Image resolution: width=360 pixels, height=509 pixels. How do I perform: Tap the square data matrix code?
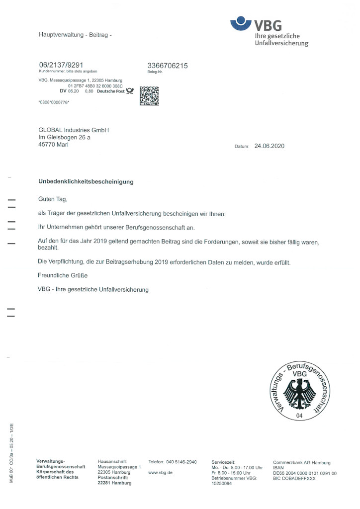click(149, 95)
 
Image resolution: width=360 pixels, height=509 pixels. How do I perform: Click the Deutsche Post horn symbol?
click(130, 91)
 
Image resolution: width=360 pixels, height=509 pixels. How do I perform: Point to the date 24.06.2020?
click(270, 147)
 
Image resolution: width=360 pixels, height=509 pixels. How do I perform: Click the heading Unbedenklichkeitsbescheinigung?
click(86, 182)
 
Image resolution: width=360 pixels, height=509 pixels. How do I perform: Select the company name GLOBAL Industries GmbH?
click(73, 130)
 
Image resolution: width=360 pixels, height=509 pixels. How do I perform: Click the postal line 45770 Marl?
click(54, 145)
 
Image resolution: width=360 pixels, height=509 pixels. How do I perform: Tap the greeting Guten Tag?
click(52, 199)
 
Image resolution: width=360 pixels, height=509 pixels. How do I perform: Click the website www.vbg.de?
click(160, 472)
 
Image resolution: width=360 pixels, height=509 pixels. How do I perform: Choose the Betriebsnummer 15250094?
click(222, 484)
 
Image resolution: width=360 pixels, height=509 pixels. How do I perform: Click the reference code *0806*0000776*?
click(54, 102)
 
